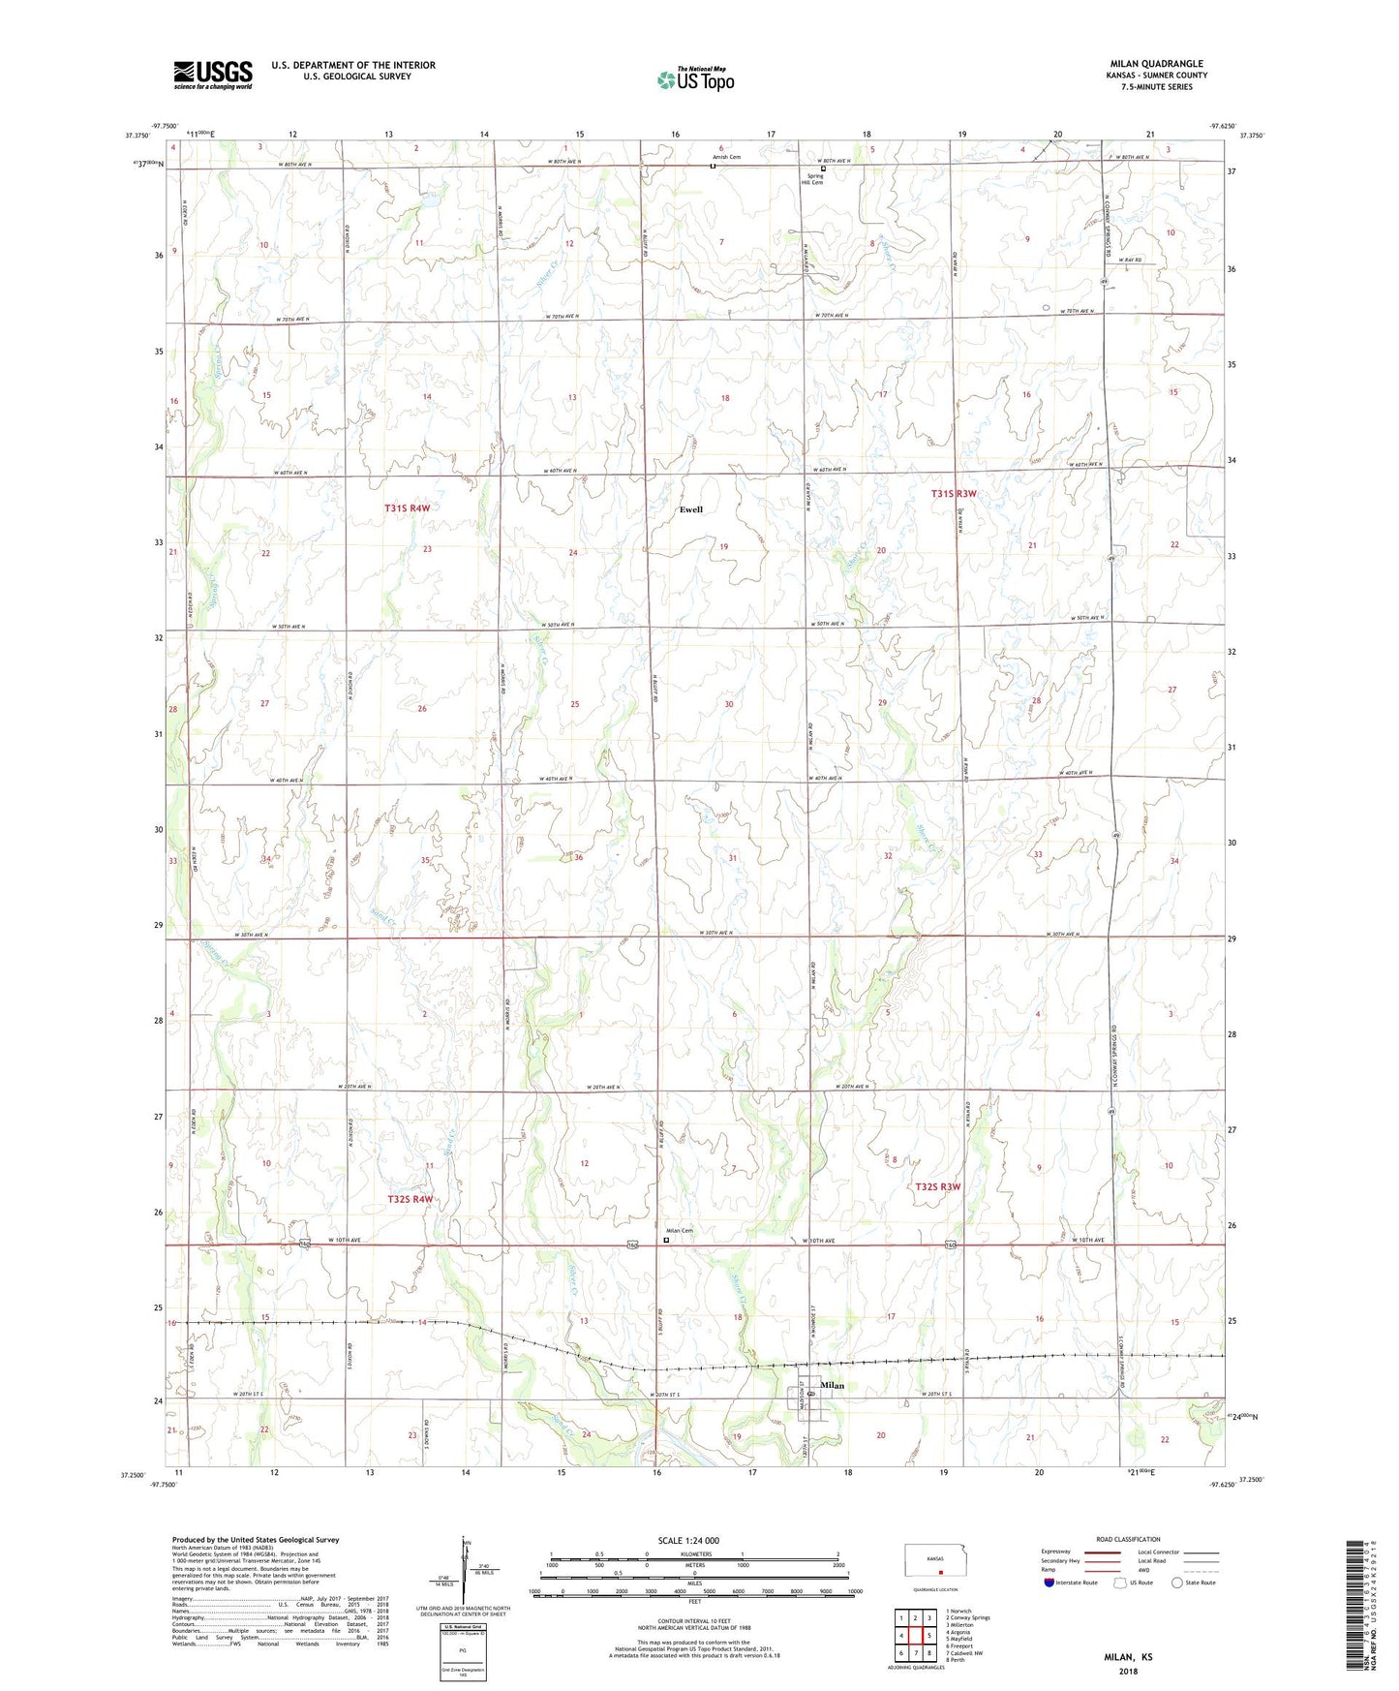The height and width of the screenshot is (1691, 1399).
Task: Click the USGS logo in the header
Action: [x=213, y=75]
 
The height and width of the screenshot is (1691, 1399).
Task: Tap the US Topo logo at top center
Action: [x=695, y=79]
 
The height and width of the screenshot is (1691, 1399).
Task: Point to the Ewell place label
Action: [x=690, y=509]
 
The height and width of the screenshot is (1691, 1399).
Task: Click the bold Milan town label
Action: [x=832, y=1386]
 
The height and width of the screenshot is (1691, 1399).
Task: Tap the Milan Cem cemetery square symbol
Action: [x=666, y=1239]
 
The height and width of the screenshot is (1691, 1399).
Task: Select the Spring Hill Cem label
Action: [x=815, y=179]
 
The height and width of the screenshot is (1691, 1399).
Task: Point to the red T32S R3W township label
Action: [x=937, y=1186]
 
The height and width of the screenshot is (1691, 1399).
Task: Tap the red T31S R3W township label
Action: [x=954, y=494]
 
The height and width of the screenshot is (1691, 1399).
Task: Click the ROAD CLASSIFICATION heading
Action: [x=1129, y=1539]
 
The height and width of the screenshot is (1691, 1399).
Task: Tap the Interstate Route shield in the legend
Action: [x=1049, y=1583]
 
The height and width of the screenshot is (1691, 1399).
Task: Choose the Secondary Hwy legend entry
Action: [x=1061, y=1560]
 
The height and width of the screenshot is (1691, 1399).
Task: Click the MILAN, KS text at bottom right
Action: [x=1129, y=1657]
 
